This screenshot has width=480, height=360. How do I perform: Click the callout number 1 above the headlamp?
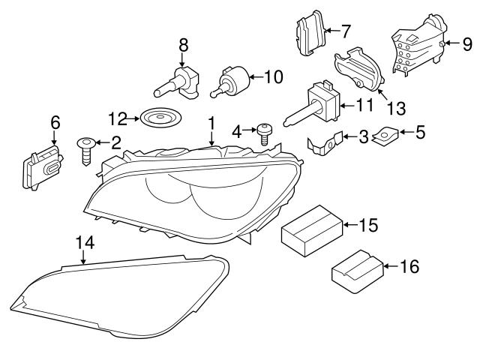click(x=211, y=122)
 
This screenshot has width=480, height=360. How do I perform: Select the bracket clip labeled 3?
click(x=327, y=142)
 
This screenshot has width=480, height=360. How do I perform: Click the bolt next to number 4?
click(x=263, y=135)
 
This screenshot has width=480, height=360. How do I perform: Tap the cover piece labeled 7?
click(x=310, y=34)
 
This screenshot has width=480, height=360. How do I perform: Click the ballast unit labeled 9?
click(x=417, y=46)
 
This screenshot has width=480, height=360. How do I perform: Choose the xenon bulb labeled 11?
click(x=319, y=103)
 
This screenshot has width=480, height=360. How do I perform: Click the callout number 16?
click(x=409, y=265)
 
